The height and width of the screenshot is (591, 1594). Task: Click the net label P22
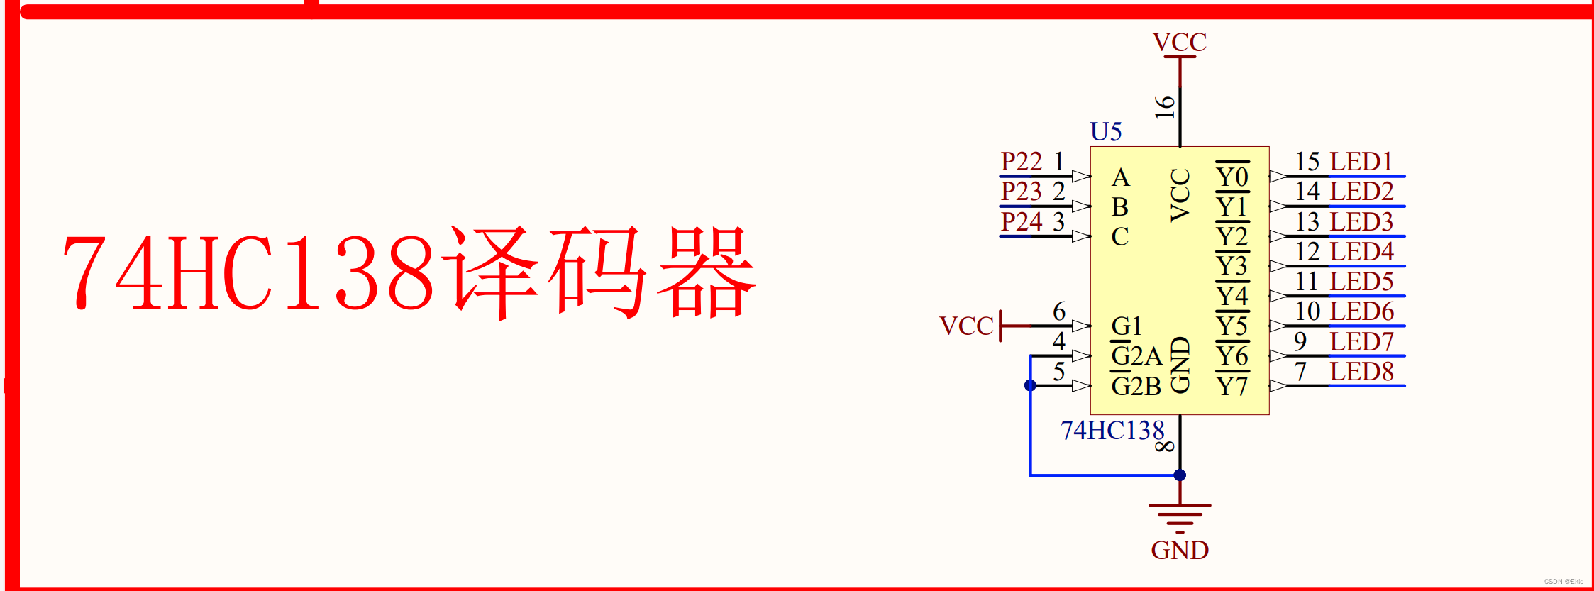(1021, 162)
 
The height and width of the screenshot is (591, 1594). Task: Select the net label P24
(1021, 222)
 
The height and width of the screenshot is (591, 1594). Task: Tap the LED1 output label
(1361, 162)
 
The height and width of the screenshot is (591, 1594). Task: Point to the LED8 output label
(1361, 372)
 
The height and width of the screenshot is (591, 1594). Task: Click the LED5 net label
(1361, 282)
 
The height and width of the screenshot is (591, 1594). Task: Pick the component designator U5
(1106, 132)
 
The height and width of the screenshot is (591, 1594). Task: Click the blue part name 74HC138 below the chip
(1112, 431)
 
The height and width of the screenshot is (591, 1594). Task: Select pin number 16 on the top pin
(1165, 107)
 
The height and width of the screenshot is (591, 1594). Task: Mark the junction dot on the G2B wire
(1030, 385)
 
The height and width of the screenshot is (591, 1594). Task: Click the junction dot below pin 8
(1180, 475)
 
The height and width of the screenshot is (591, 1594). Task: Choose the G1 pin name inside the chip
(1127, 326)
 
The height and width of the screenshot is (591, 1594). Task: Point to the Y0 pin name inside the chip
(1232, 177)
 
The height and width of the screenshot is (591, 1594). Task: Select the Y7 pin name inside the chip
(1232, 387)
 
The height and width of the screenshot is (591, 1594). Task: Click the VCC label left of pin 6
(966, 326)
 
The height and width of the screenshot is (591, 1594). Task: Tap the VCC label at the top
(1179, 43)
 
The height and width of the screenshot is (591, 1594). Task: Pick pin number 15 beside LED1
(1307, 162)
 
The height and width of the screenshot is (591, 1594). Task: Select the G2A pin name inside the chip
(1136, 356)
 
